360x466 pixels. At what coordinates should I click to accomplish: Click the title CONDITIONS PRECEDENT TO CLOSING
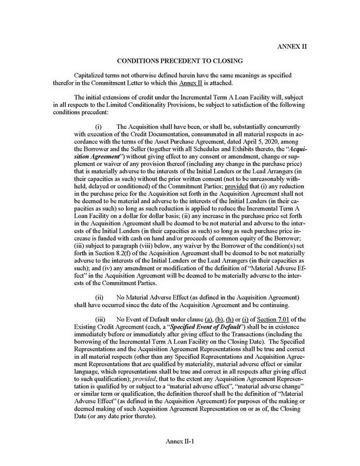click(180, 61)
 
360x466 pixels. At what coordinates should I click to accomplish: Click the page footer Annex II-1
click(180, 440)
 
